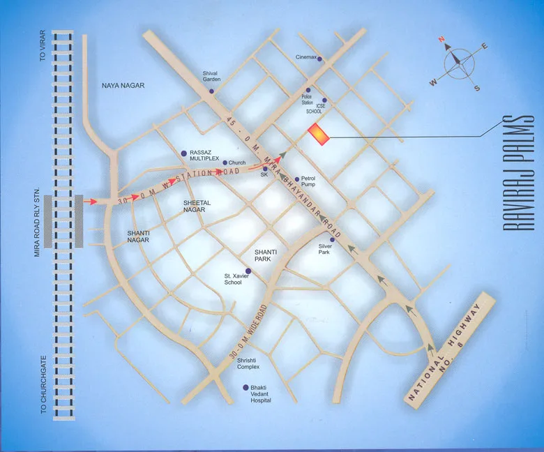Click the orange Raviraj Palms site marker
[319, 135]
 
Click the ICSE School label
[315, 111]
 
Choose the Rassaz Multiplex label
[205, 156]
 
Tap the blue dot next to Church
[224, 163]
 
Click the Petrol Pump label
[310, 183]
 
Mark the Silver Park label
[328, 249]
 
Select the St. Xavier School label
[233, 278]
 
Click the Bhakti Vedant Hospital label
[261, 394]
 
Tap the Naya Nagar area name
[123, 85]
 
